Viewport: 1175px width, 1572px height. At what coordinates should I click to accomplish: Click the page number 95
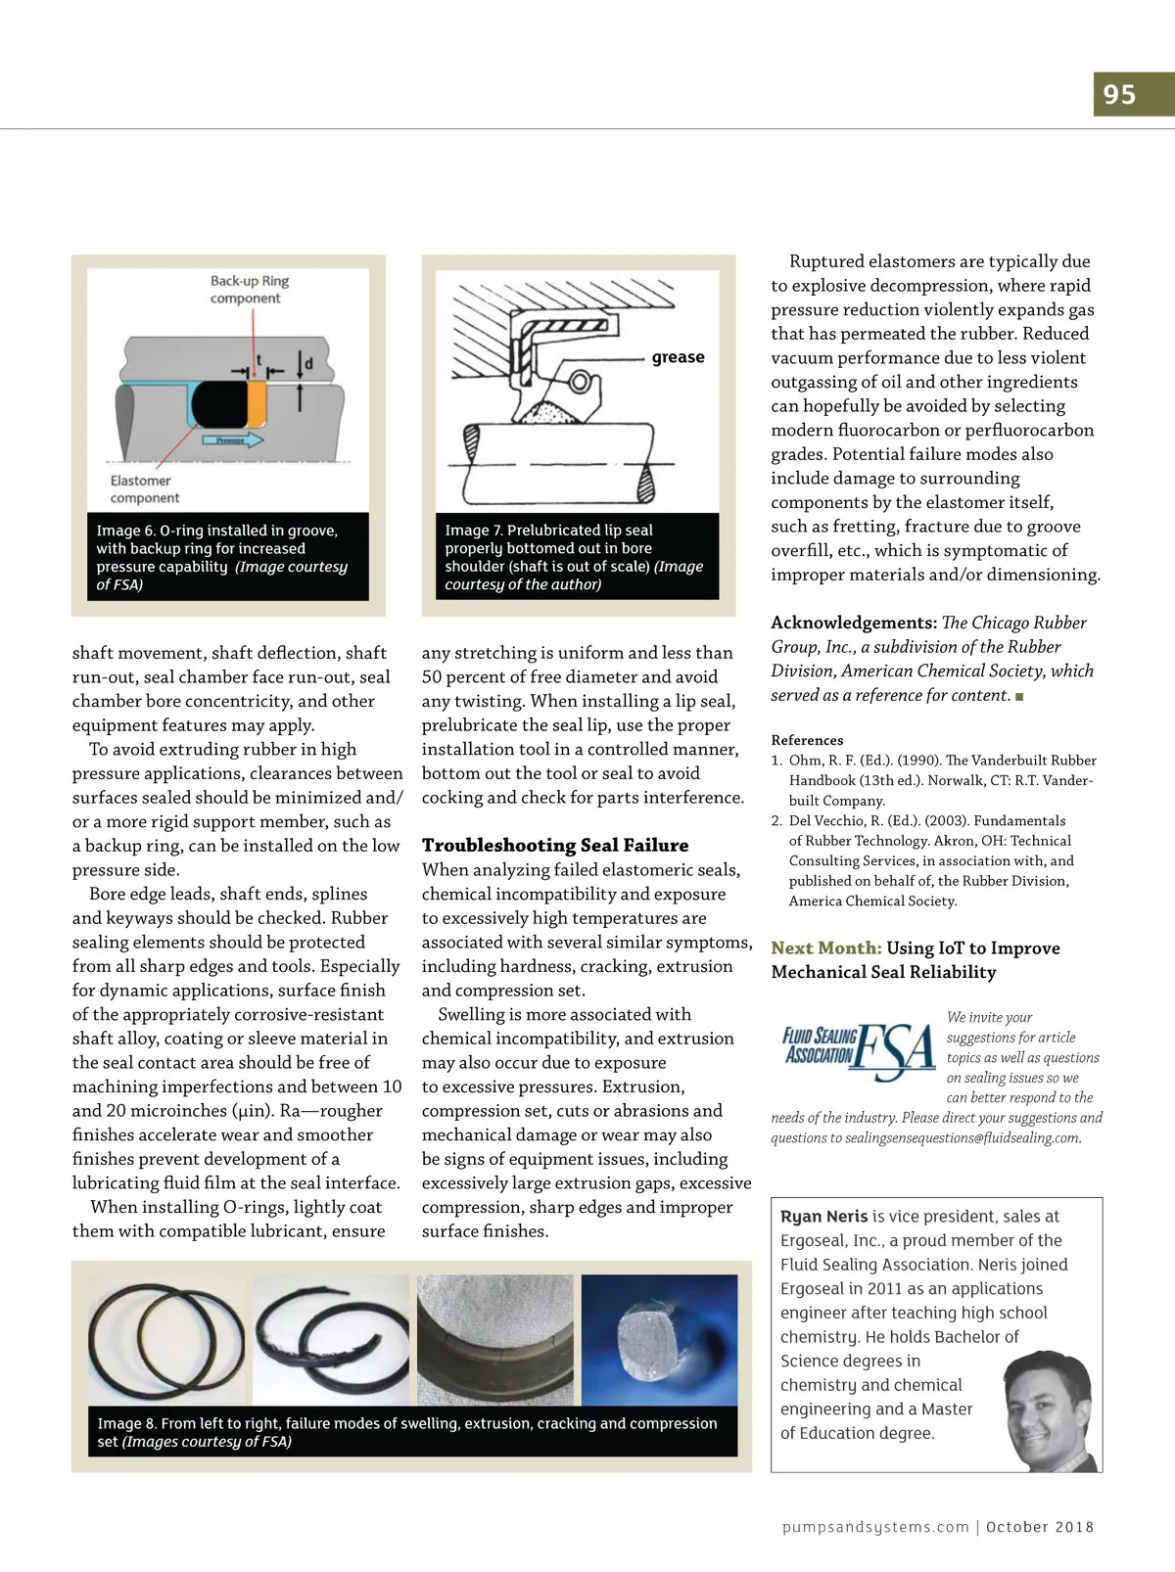pyautogui.click(x=1119, y=95)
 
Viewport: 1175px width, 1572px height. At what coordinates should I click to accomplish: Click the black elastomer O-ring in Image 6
pyautogui.click(x=219, y=404)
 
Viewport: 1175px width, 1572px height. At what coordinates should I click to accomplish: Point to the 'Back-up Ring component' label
pyautogui.click(x=250, y=290)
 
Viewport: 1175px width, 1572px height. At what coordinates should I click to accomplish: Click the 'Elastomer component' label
pyautogui.click(x=144, y=489)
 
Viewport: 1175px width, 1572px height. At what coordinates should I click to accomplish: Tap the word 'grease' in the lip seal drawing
pyautogui.click(x=678, y=356)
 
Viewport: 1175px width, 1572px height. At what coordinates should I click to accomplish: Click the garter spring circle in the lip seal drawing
pyautogui.click(x=580, y=381)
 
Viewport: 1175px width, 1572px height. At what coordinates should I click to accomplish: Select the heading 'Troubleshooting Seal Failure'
pyautogui.click(x=554, y=845)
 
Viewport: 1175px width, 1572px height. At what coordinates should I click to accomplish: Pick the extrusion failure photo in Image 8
pyautogui.click(x=331, y=1340)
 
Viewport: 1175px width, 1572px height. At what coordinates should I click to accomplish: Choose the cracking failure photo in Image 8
pyautogui.click(x=495, y=1340)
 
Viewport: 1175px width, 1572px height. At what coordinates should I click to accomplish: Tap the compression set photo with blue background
pyautogui.click(x=659, y=1340)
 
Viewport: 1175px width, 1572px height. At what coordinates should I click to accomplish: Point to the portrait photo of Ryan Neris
pyautogui.click(x=1051, y=1410)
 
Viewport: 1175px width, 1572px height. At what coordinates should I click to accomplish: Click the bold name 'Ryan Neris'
pyautogui.click(x=823, y=1216)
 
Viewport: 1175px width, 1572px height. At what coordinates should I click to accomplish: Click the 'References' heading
pyautogui.click(x=807, y=740)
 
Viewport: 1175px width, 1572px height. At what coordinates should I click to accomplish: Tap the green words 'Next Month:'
pyautogui.click(x=826, y=948)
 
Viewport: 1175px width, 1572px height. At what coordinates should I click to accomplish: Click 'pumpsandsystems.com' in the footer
pyautogui.click(x=875, y=1526)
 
